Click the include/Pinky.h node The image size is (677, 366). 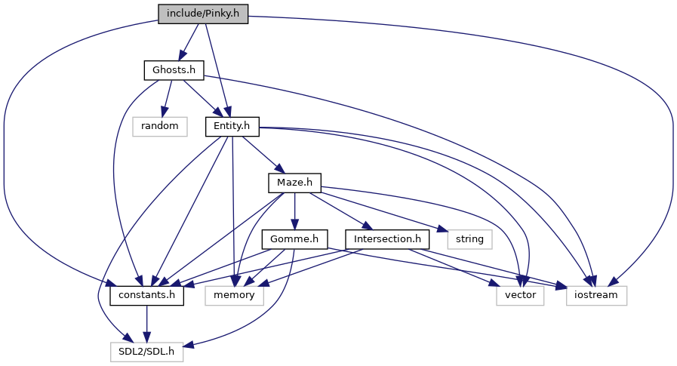coord(203,14)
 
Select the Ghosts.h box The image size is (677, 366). coord(174,70)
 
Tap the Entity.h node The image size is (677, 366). coord(232,127)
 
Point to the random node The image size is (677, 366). coord(160,127)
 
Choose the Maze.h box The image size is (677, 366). coord(294,183)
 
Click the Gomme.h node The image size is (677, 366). coord(294,239)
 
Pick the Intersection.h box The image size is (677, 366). coord(387,239)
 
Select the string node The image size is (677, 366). coord(469,239)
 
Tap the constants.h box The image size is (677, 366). coord(147,296)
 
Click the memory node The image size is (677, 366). coord(234,296)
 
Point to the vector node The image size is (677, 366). coord(520,296)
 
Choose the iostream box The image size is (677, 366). coord(596,296)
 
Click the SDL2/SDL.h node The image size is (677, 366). coord(147,352)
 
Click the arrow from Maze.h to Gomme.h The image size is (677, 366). coord(294,211)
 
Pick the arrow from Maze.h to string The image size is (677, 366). coord(381,211)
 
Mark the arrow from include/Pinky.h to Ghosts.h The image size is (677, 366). coord(189,42)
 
